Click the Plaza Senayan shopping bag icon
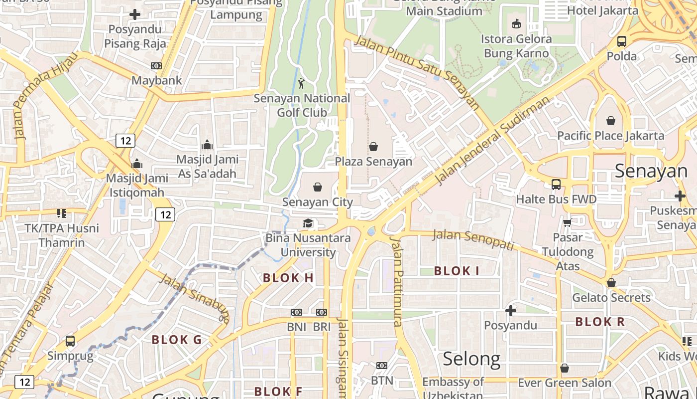(373, 147)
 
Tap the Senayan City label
(318, 202)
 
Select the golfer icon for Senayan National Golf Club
(301, 83)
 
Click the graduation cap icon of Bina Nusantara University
(308, 223)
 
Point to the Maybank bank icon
(156, 66)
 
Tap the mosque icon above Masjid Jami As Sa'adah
(207, 145)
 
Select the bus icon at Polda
(622, 41)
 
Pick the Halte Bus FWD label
(556, 199)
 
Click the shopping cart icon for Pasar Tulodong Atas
(567, 222)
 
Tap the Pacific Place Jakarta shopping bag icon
(611, 121)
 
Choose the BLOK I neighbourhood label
(457, 271)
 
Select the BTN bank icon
(382, 366)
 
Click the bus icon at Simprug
(70, 341)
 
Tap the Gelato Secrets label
(611, 298)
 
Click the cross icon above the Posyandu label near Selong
(511, 311)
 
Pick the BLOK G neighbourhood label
(177, 340)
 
